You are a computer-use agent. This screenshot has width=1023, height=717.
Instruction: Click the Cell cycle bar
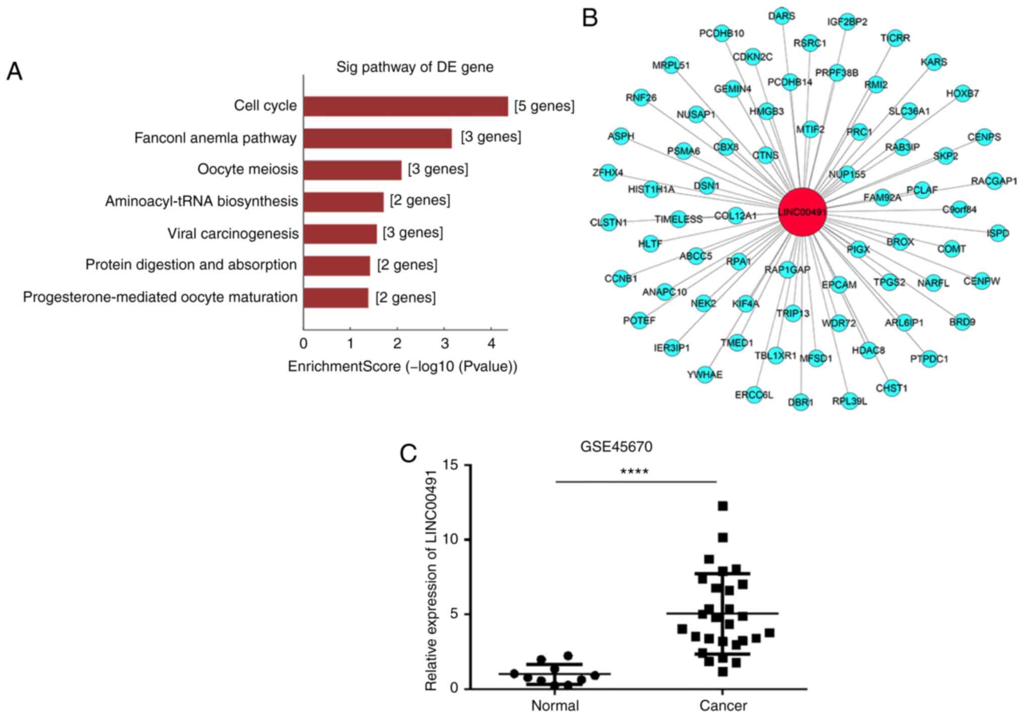(405, 106)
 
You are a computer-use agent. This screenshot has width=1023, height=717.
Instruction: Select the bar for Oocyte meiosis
(352, 170)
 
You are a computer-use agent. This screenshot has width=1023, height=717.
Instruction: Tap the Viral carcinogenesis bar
(340, 234)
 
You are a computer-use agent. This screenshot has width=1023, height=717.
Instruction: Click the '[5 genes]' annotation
(544, 106)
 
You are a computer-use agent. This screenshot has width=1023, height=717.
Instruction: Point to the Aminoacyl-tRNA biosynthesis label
(201, 201)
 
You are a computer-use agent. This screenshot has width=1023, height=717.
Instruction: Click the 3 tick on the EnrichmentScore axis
(444, 344)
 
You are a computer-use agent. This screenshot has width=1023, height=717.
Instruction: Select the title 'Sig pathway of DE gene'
(415, 67)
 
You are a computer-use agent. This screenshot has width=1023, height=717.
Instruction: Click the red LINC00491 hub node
(802, 212)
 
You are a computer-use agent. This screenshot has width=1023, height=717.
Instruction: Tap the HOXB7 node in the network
(962, 94)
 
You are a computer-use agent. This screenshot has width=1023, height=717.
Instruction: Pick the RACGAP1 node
(994, 181)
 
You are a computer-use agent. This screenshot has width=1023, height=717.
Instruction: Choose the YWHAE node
(705, 374)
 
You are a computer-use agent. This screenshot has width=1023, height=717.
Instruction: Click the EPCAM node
(839, 284)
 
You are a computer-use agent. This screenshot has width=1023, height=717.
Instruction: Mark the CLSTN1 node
(609, 222)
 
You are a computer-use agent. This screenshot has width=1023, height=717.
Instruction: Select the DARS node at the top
(781, 16)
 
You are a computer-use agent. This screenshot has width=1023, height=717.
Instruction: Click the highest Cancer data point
(723, 506)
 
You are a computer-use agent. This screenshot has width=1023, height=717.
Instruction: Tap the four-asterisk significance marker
(634, 472)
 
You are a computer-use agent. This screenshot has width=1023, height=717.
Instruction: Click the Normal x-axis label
(555, 705)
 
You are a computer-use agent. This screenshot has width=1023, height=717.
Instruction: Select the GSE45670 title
(616, 446)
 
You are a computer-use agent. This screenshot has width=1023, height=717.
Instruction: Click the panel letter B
(590, 18)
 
